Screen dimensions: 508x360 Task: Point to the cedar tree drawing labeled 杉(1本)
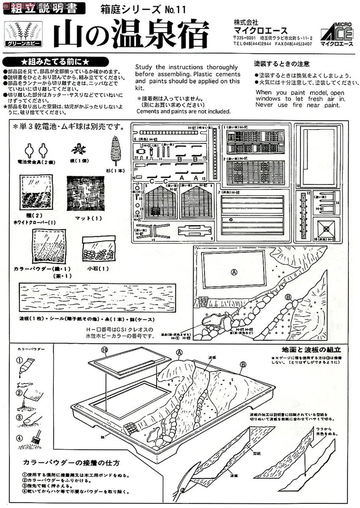(x=115, y=150)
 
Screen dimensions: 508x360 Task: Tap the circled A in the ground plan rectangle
(x=233, y=273)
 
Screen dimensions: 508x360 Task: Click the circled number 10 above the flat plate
(x=104, y=350)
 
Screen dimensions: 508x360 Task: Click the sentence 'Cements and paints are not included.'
(x=183, y=111)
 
